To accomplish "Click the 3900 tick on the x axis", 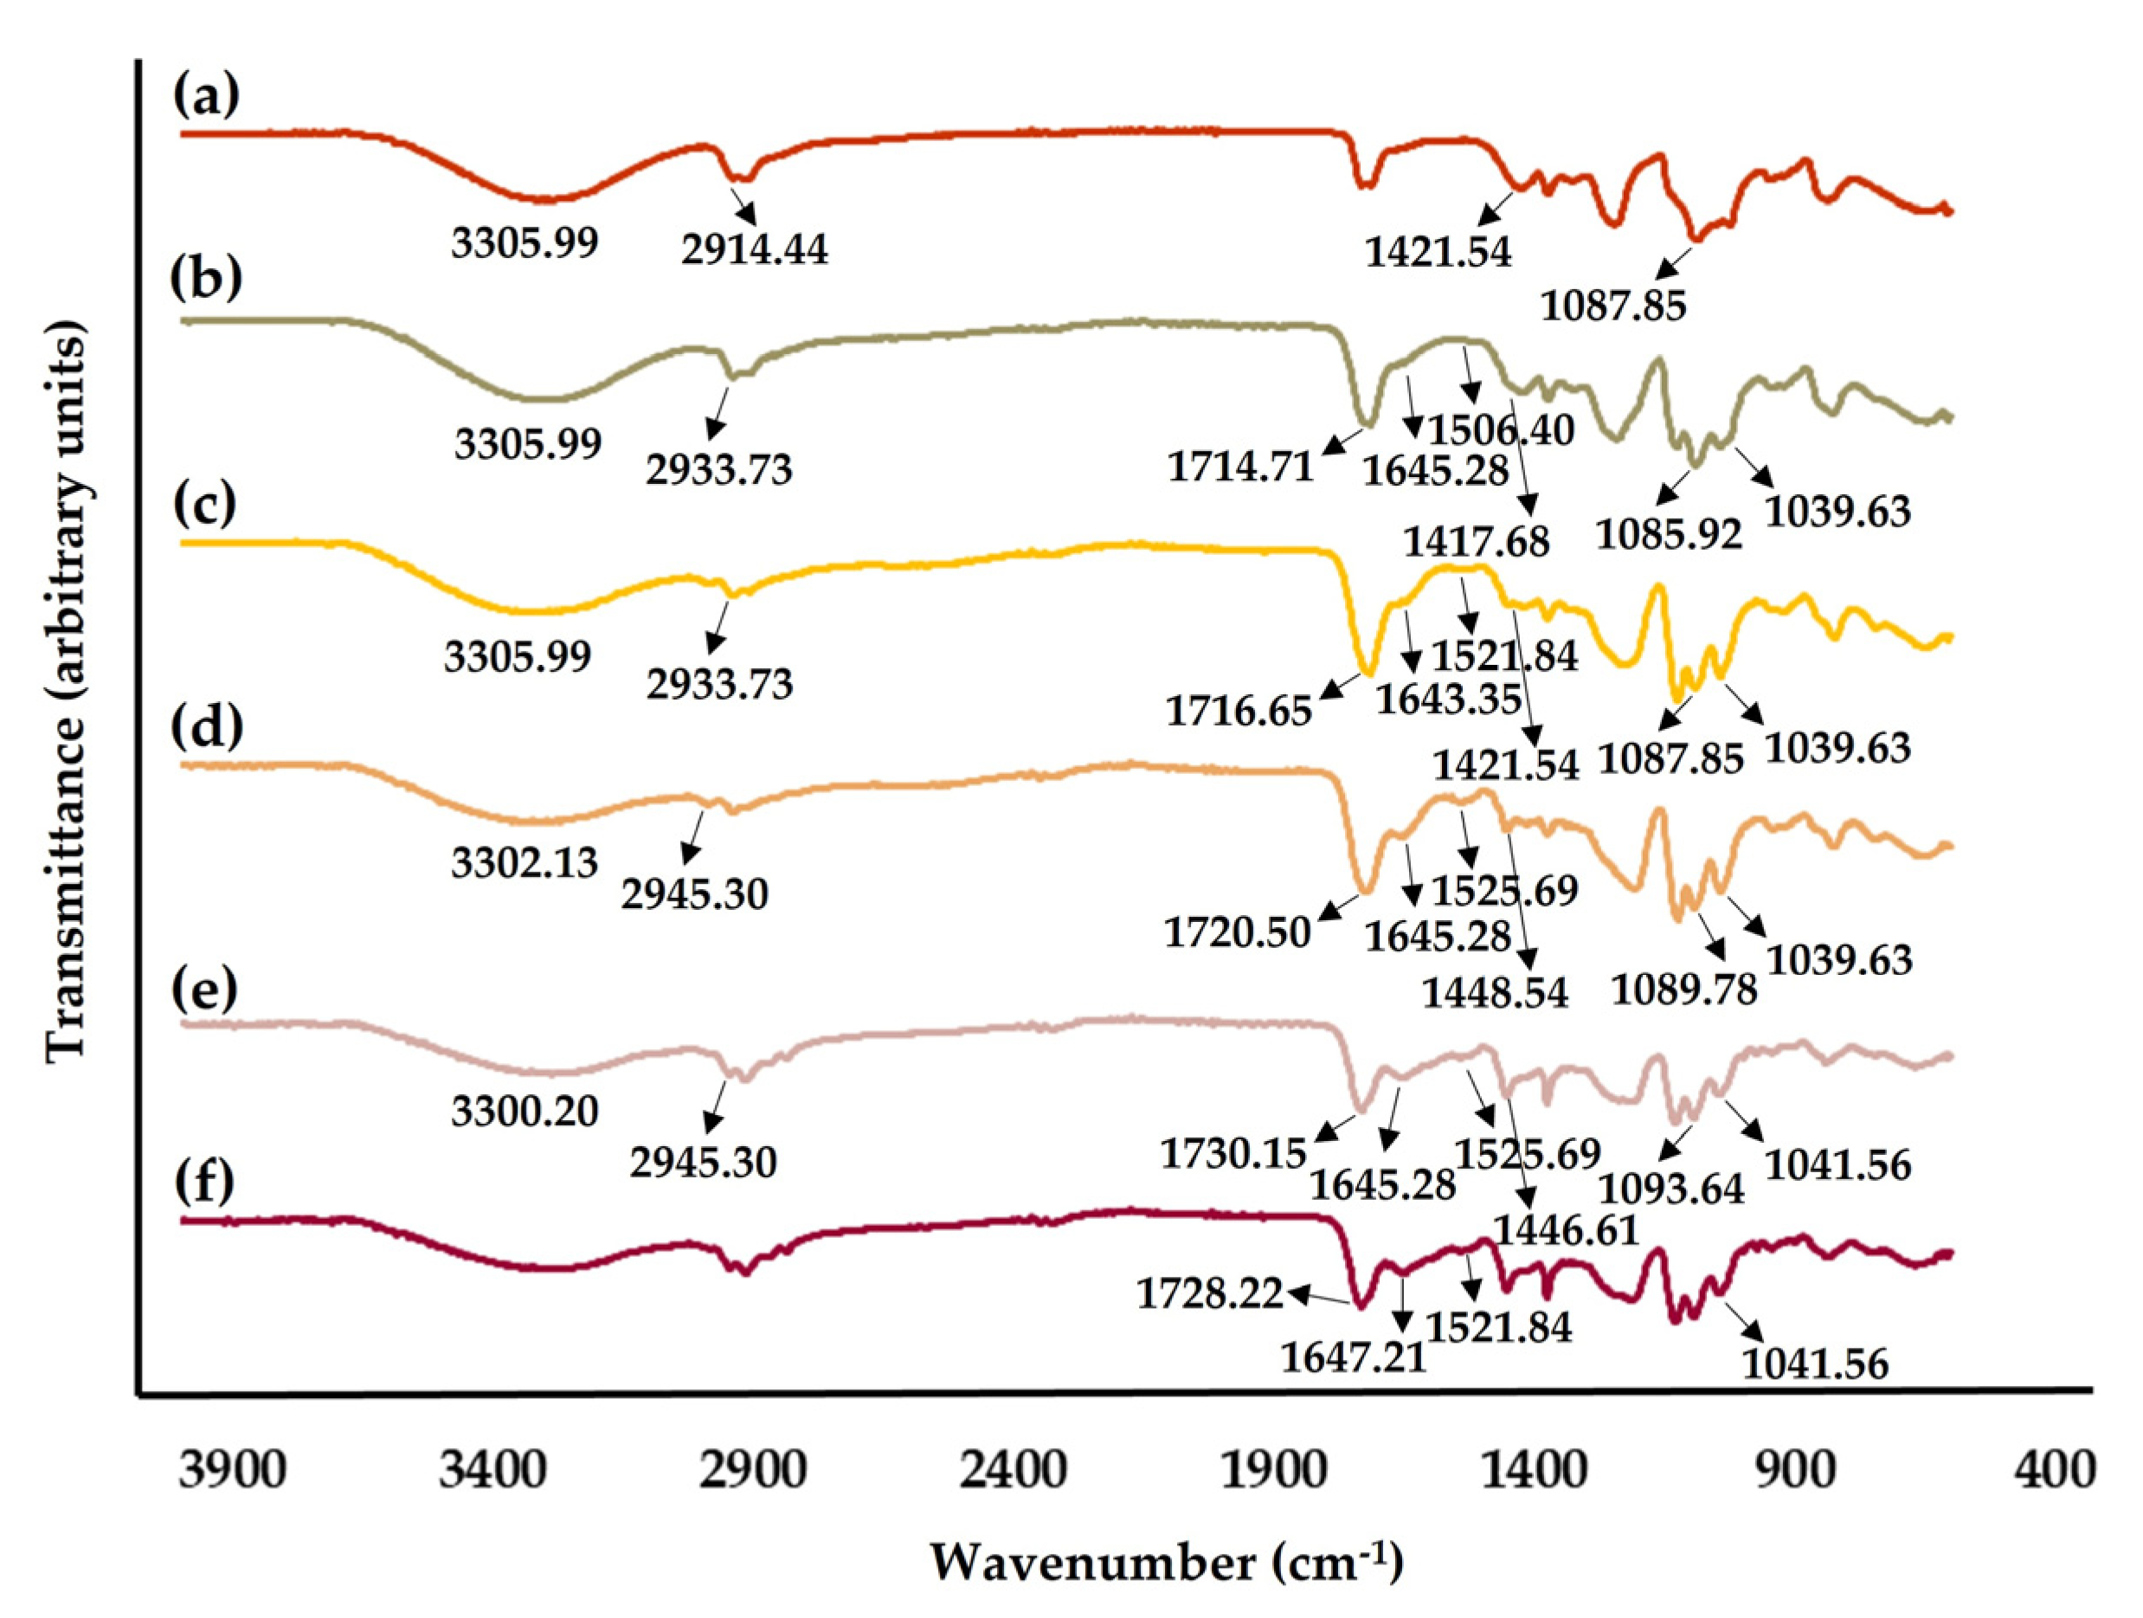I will pyautogui.click(x=233, y=1471).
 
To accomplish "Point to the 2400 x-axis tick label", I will pyautogui.click(x=1014, y=1471).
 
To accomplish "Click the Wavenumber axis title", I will pyautogui.click(x=1167, y=1562).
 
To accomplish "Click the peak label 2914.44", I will pyautogui.click(x=755, y=250).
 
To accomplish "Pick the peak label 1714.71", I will pyautogui.click(x=1240, y=468).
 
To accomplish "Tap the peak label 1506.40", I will pyautogui.click(x=1503, y=429).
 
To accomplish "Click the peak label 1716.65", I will pyautogui.click(x=1239, y=711).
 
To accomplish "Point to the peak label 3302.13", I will pyautogui.click(x=524, y=862).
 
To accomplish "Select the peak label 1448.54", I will pyautogui.click(x=1495, y=993).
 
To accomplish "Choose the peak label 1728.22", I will pyautogui.click(x=1210, y=1293).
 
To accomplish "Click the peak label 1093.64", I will pyautogui.click(x=1671, y=1188).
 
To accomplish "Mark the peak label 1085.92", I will pyautogui.click(x=1670, y=534).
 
